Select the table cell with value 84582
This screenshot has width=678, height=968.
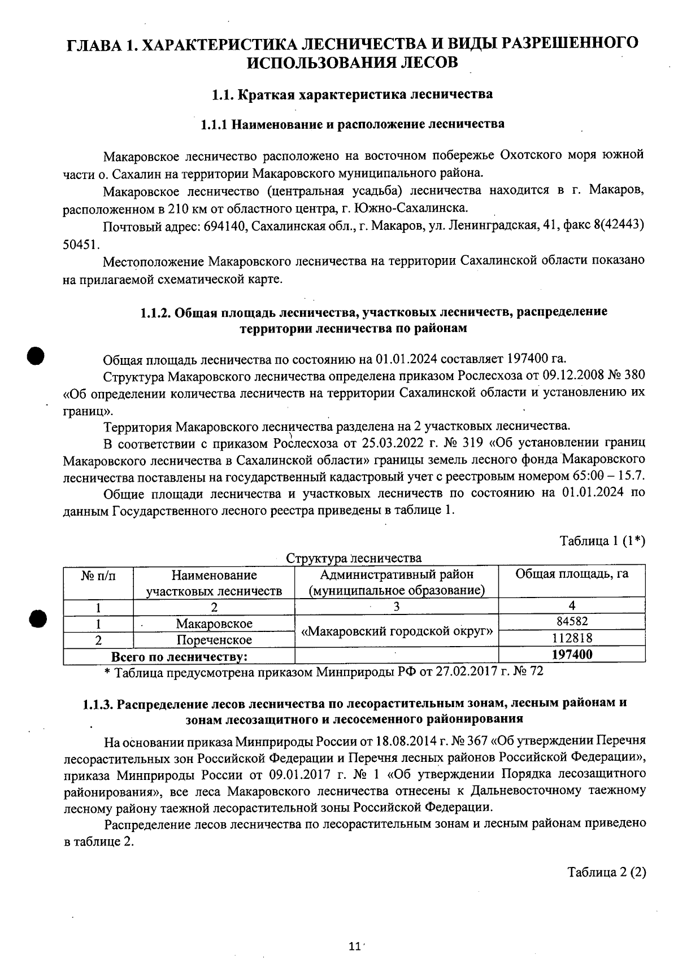tap(572, 622)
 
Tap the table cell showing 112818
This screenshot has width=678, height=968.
tap(572, 638)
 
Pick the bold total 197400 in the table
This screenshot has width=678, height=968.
tap(572, 655)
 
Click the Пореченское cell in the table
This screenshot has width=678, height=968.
tap(214, 640)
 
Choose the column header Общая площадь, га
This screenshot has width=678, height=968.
tap(572, 574)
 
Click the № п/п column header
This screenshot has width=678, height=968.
tap(98, 575)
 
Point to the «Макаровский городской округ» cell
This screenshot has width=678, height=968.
tap(397, 631)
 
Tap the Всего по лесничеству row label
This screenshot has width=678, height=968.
tap(180, 656)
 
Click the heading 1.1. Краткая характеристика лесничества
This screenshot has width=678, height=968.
tap(352, 94)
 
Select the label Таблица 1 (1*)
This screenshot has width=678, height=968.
tap(602, 540)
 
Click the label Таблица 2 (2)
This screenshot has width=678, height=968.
tap(606, 871)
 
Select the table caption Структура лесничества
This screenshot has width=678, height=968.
tap(354, 558)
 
